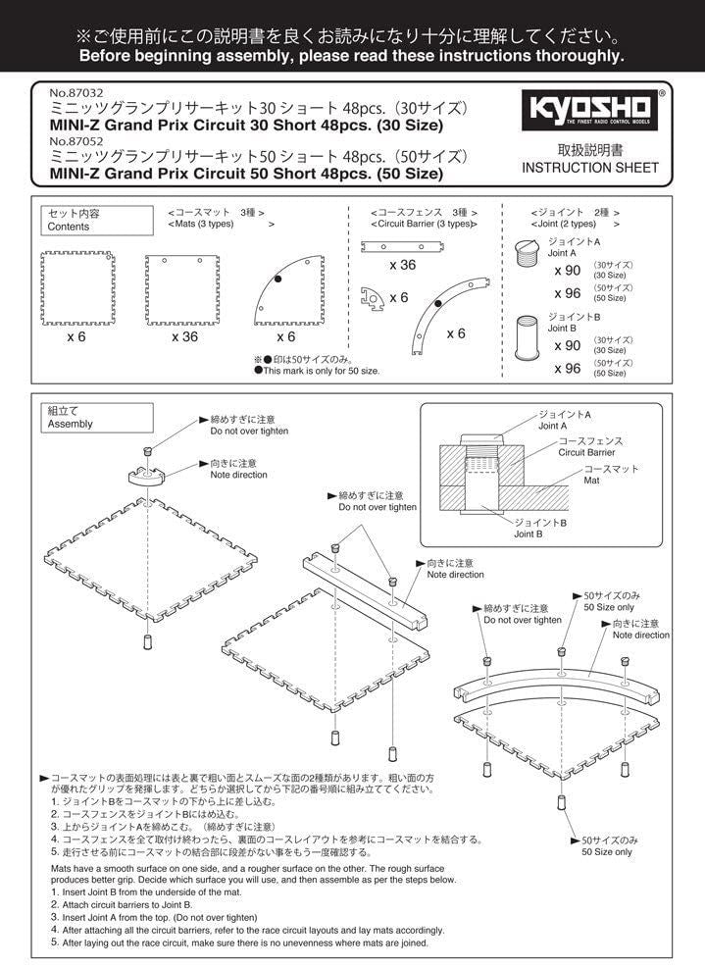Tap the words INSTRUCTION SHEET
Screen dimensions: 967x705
click(590, 168)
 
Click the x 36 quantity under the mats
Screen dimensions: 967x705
click(185, 336)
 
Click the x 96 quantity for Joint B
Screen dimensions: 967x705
click(568, 368)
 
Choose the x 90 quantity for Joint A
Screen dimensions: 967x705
click(568, 272)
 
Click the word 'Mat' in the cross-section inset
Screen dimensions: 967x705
click(591, 481)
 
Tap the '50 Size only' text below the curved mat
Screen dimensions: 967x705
click(608, 852)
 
